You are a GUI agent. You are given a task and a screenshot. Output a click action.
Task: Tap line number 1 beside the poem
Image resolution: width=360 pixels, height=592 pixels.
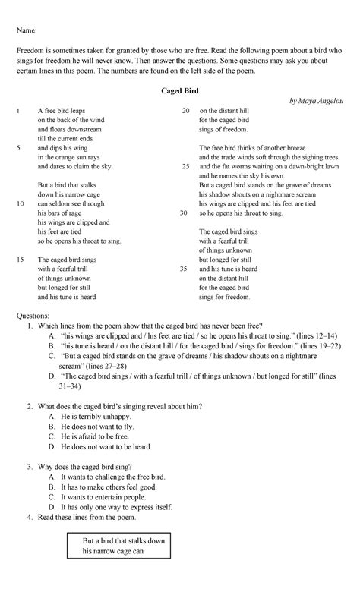17,111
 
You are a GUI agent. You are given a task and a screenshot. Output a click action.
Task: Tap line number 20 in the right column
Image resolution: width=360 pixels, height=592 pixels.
185,111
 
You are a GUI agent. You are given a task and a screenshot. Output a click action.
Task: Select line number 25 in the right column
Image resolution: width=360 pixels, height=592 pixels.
185,165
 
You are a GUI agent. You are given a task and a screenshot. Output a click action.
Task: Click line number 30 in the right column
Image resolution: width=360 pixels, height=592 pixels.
185,213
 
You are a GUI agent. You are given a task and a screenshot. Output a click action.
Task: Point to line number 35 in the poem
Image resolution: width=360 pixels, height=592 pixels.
185,269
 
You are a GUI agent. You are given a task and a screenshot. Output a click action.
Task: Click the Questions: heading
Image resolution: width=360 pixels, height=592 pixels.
32,314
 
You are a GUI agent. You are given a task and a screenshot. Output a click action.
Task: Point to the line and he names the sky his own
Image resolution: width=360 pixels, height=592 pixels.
242,175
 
